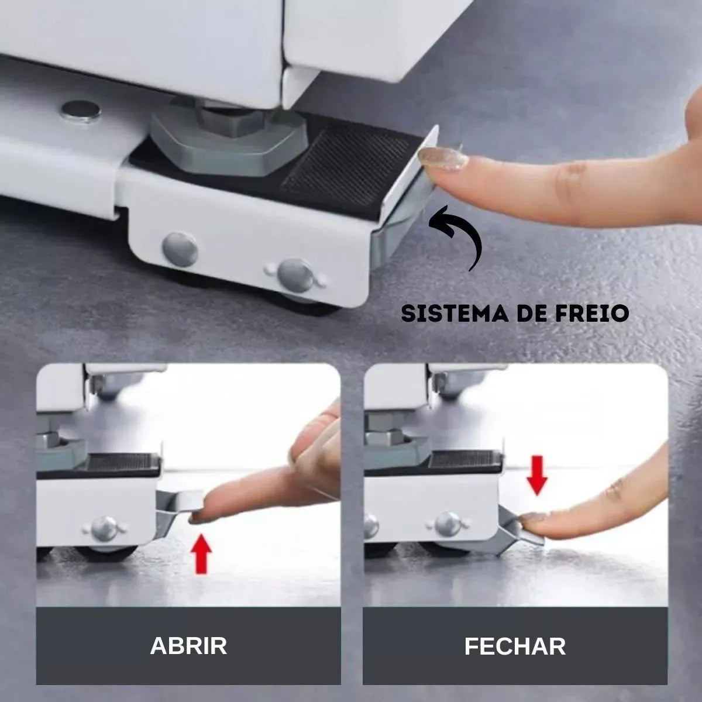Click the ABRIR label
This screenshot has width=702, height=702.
click(x=188, y=646)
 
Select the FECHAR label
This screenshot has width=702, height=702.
click(x=515, y=646)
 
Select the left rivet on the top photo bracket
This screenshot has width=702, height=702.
click(x=180, y=248)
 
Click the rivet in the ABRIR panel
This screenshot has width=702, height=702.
click(x=105, y=528)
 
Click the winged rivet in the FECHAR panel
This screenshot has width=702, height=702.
click(x=448, y=524)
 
